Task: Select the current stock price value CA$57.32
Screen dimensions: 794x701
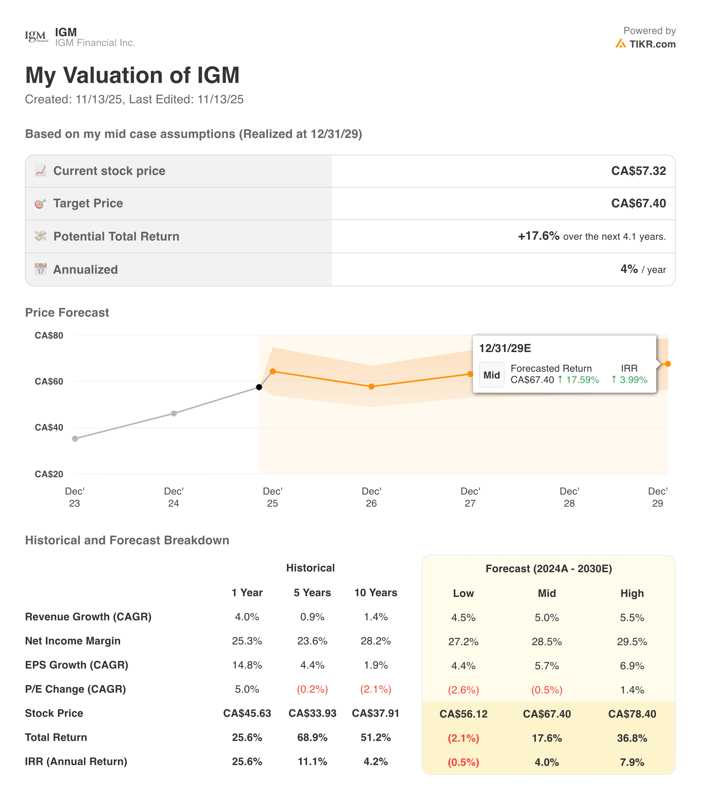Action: coord(638,171)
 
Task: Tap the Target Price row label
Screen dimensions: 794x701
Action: coord(88,203)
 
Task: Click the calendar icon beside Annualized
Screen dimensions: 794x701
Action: coord(40,269)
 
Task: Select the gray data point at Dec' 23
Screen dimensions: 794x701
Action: coord(75,439)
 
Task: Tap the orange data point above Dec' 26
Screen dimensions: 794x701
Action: coord(371,386)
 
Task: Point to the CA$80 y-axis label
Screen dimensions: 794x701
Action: coord(49,335)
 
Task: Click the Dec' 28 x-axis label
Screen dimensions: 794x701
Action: coord(569,497)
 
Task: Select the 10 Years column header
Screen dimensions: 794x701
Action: coord(375,592)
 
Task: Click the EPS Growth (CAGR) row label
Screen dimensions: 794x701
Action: coord(77,665)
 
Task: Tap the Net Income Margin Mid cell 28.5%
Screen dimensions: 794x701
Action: coord(546,641)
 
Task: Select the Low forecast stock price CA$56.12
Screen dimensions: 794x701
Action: coord(463,714)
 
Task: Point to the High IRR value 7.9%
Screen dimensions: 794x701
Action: coord(632,762)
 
